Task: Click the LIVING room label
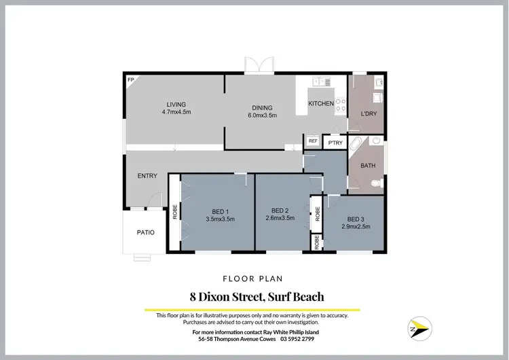[x=176, y=104]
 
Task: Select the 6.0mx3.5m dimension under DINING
[x=262, y=115]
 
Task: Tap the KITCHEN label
[x=321, y=104]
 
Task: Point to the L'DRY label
[x=369, y=113]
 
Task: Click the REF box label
[x=313, y=141]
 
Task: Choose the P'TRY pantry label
[x=335, y=143]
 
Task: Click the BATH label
[x=368, y=165]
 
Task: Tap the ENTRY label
[x=147, y=176]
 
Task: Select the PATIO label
[x=145, y=232]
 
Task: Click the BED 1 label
[x=220, y=211]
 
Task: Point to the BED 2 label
[x=280, y=210]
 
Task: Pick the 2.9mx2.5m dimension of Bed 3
[x=356, y=226]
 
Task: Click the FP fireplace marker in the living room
[x=130, y=79]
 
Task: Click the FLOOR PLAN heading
[x=254, y=278]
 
